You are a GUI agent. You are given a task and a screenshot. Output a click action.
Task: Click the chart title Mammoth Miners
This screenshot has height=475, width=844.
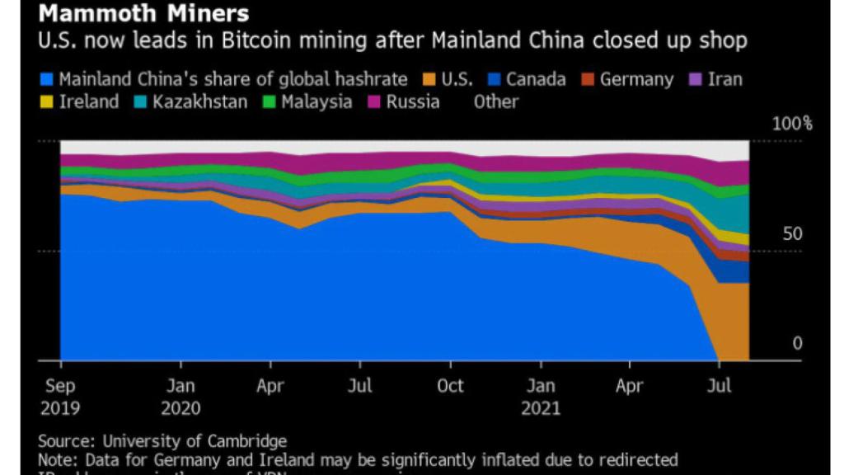pos(144,14)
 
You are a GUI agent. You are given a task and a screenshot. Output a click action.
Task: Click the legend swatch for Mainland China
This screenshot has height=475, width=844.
pos(48,80)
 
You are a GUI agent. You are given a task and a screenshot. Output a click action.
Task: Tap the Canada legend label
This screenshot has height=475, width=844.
pos(536,80)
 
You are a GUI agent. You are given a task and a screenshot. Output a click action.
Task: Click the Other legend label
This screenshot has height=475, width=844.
pos(496,102)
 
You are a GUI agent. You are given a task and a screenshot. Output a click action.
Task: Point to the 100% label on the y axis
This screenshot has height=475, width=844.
pos(791,125)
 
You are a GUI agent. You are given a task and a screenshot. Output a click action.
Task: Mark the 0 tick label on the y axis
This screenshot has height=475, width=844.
pos(797,343)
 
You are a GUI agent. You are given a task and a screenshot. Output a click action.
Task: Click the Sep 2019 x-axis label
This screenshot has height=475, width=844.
pos(60,396)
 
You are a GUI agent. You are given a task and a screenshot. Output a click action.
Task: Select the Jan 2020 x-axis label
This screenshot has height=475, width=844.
pos(181,396)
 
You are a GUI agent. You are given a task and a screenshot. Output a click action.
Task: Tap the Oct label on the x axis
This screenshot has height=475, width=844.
pos(450,385)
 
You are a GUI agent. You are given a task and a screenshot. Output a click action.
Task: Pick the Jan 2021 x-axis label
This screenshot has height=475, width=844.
pos(541,396)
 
